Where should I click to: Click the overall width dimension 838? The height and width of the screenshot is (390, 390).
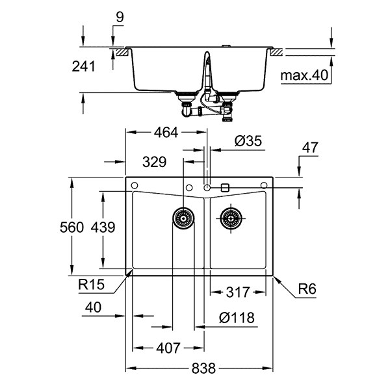coord(203,368)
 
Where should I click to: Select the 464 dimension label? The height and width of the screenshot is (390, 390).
coord(166,133)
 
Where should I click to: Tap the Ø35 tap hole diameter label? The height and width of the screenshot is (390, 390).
coord(248,141)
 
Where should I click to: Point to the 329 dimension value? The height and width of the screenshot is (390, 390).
coord(154,162)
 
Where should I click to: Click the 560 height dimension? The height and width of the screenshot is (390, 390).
coord(71,227)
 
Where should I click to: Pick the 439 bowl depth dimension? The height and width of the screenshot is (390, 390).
coord(103,227)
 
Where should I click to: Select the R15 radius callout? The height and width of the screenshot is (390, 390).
coord(91,285)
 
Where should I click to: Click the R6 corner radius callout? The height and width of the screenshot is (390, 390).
coord(307,289)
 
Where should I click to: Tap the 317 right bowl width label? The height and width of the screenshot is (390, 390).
coord(237,292)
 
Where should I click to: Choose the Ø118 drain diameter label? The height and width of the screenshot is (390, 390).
coord(237,318)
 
